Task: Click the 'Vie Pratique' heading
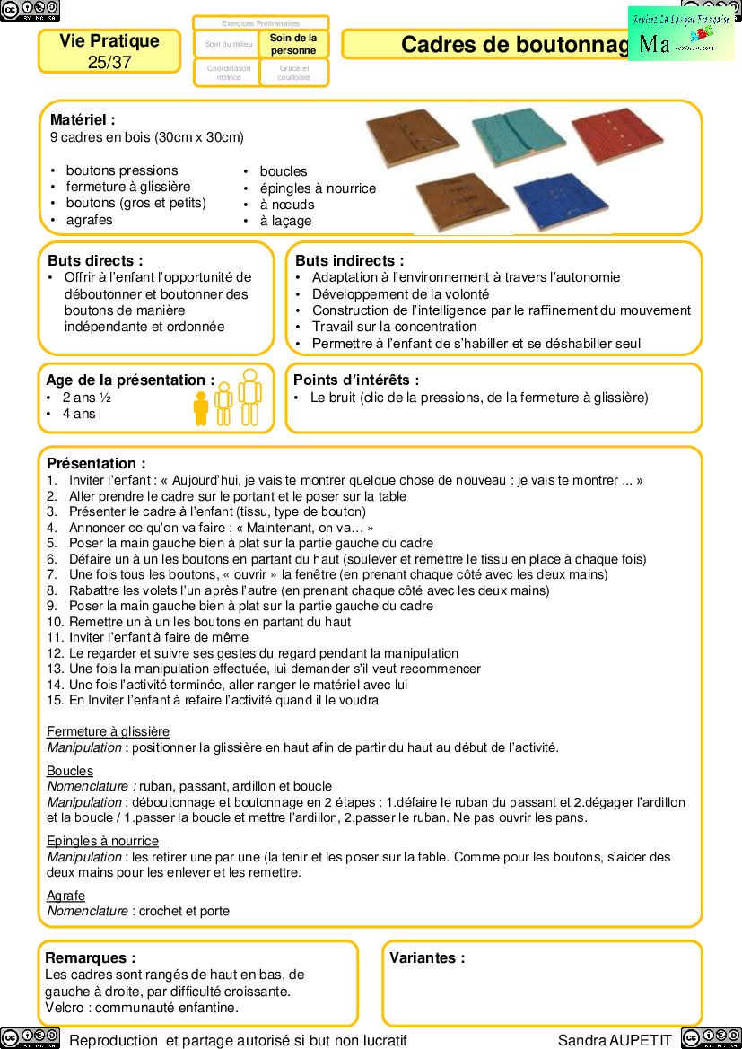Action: (x=109, y=41)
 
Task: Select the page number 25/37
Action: (x=109, y=62)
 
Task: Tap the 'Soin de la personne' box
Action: (x=293, y=44)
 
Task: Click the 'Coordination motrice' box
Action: (x=228, y=73)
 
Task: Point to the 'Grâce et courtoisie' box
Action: (x=293, y=73)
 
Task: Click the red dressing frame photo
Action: (x=616, y=135)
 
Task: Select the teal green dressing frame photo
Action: (x=518, y=137)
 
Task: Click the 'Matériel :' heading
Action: (x=83, y=119)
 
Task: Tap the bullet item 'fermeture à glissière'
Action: (x=127, y=187)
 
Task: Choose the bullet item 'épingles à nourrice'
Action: (x=318, y=188)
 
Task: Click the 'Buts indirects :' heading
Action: (x=349, y=260)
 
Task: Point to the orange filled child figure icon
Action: (x=201, y=408)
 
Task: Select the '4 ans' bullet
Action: (x=78, y=414)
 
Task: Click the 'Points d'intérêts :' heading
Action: (x=356, y=380)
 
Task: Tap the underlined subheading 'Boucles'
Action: (x=70, y=771)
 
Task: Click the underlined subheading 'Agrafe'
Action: (x=65, y=896)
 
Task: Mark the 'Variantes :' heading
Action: (x=427, y=957)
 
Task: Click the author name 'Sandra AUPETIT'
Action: (x=615, y=1040)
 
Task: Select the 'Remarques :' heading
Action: (x=90, y=957)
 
